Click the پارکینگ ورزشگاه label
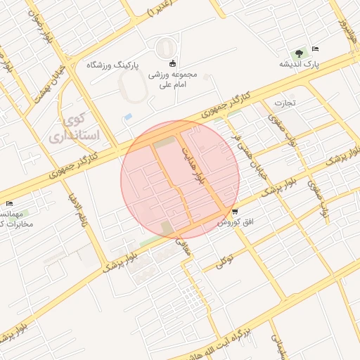pyautogui.click(x=112, y=64)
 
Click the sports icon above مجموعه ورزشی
pyautogui.click(x=173, y=63)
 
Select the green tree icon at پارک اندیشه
pyautogui.click(x=300, y=53)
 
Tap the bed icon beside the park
pyautogui.click(x=314, y=49)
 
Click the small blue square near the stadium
pyautogui.click(x=127, y=116)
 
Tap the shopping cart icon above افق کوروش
pyautogui.click(x=234, y=211)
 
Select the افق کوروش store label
pyautogui.click(x=234, y=221)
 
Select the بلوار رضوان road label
pyautogui.click(x=40, y=28)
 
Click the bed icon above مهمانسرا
pyautogui.click(x=9, y=204)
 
